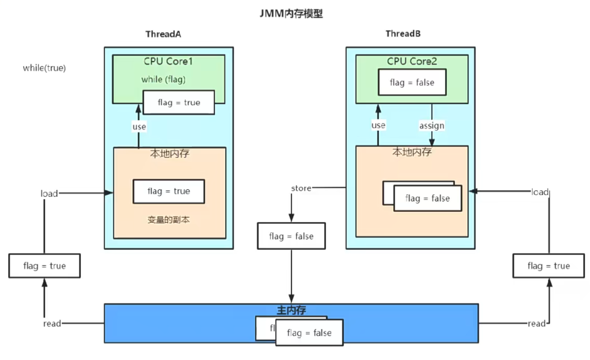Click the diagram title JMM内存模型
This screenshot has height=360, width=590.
click(x=291, y=14)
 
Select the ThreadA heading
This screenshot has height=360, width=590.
click(x=163, y=34)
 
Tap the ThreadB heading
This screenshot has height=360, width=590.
click(x=403, y=34)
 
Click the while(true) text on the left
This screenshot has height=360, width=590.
click(x=44, y=68)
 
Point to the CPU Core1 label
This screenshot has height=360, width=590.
click(x=168, y=61)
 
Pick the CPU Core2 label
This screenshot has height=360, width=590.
click(x=412, y=61)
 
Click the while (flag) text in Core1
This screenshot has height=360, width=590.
click(x=163, y=79)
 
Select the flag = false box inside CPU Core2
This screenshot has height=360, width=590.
click(x=412, y=82)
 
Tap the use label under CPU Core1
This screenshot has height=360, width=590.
click(x=139, y=127)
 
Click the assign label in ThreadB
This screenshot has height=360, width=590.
click(x=432, y=125)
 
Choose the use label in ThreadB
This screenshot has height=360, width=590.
click(x=378, y=125)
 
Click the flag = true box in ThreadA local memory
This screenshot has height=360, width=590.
click(x=169, y=191)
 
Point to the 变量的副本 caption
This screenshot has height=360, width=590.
click(x=168, y=220)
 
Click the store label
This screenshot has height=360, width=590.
click(x=301, y=188)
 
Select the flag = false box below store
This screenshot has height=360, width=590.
click(x=291, y=236)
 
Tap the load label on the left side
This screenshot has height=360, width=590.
click(x=49, y=194)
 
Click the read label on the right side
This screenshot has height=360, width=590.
click(x=536, y=324)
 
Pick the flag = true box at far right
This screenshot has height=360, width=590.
click(x=549, y=266)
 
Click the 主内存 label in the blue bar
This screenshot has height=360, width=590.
click(x=291, y=310)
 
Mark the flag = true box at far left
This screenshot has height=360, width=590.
click(x=44, y=266)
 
